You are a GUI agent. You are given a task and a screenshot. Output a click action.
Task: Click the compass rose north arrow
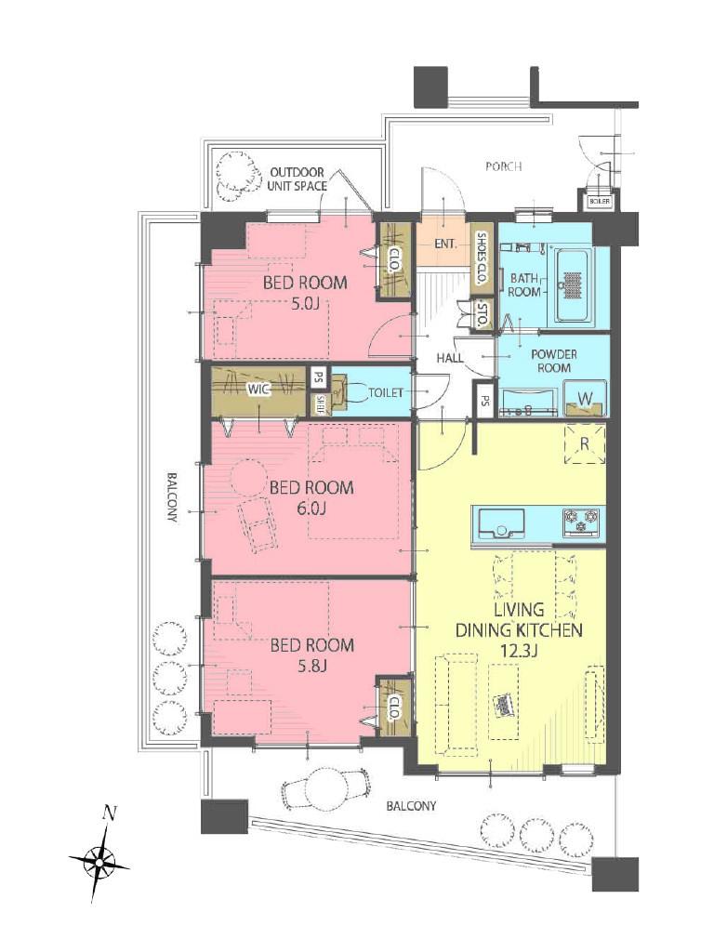(99, 860)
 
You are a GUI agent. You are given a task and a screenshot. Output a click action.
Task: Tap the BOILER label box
(599, 201)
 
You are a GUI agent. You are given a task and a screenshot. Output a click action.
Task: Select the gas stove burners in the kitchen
(580, 522)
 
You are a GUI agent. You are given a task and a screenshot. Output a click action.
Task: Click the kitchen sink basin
(501, 522)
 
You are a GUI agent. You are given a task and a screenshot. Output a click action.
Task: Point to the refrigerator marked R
(584, 443)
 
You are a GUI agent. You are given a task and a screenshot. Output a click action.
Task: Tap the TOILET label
(386, 393)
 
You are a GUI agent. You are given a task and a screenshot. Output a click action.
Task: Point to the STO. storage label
(483, 314)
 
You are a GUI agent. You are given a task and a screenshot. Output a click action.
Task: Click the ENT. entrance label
(445, 245)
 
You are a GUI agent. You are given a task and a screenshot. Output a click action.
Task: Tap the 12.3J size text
(519, 651)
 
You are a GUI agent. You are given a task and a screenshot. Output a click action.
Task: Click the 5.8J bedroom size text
(312, 666)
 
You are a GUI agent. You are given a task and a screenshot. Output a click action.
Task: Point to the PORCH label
(503, 165)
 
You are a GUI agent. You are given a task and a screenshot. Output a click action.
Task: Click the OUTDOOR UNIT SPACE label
(297, 179)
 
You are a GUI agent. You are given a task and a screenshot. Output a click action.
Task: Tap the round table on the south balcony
(325, 787)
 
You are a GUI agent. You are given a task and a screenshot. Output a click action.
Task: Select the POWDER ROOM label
(554, 361)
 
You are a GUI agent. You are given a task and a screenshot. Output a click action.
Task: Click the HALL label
(450, 358)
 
